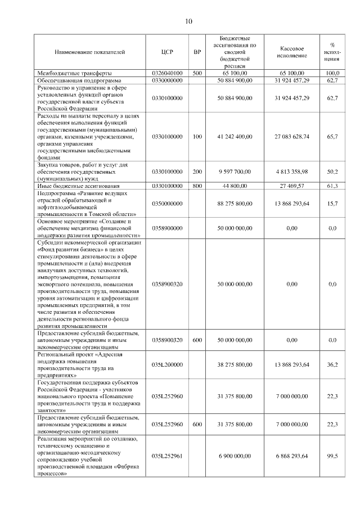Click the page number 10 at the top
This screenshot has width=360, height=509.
coord(188,22)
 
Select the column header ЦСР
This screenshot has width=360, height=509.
coord(167,52)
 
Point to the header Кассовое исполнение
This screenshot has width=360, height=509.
coord(292,52)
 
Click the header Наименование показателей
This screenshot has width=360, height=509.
coord(89,52)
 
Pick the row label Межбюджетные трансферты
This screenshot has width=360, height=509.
coord(74,73)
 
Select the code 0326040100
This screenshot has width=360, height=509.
coord(167,73)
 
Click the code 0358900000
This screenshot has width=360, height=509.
coord(167,228)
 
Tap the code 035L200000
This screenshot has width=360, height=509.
coord(167,364)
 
